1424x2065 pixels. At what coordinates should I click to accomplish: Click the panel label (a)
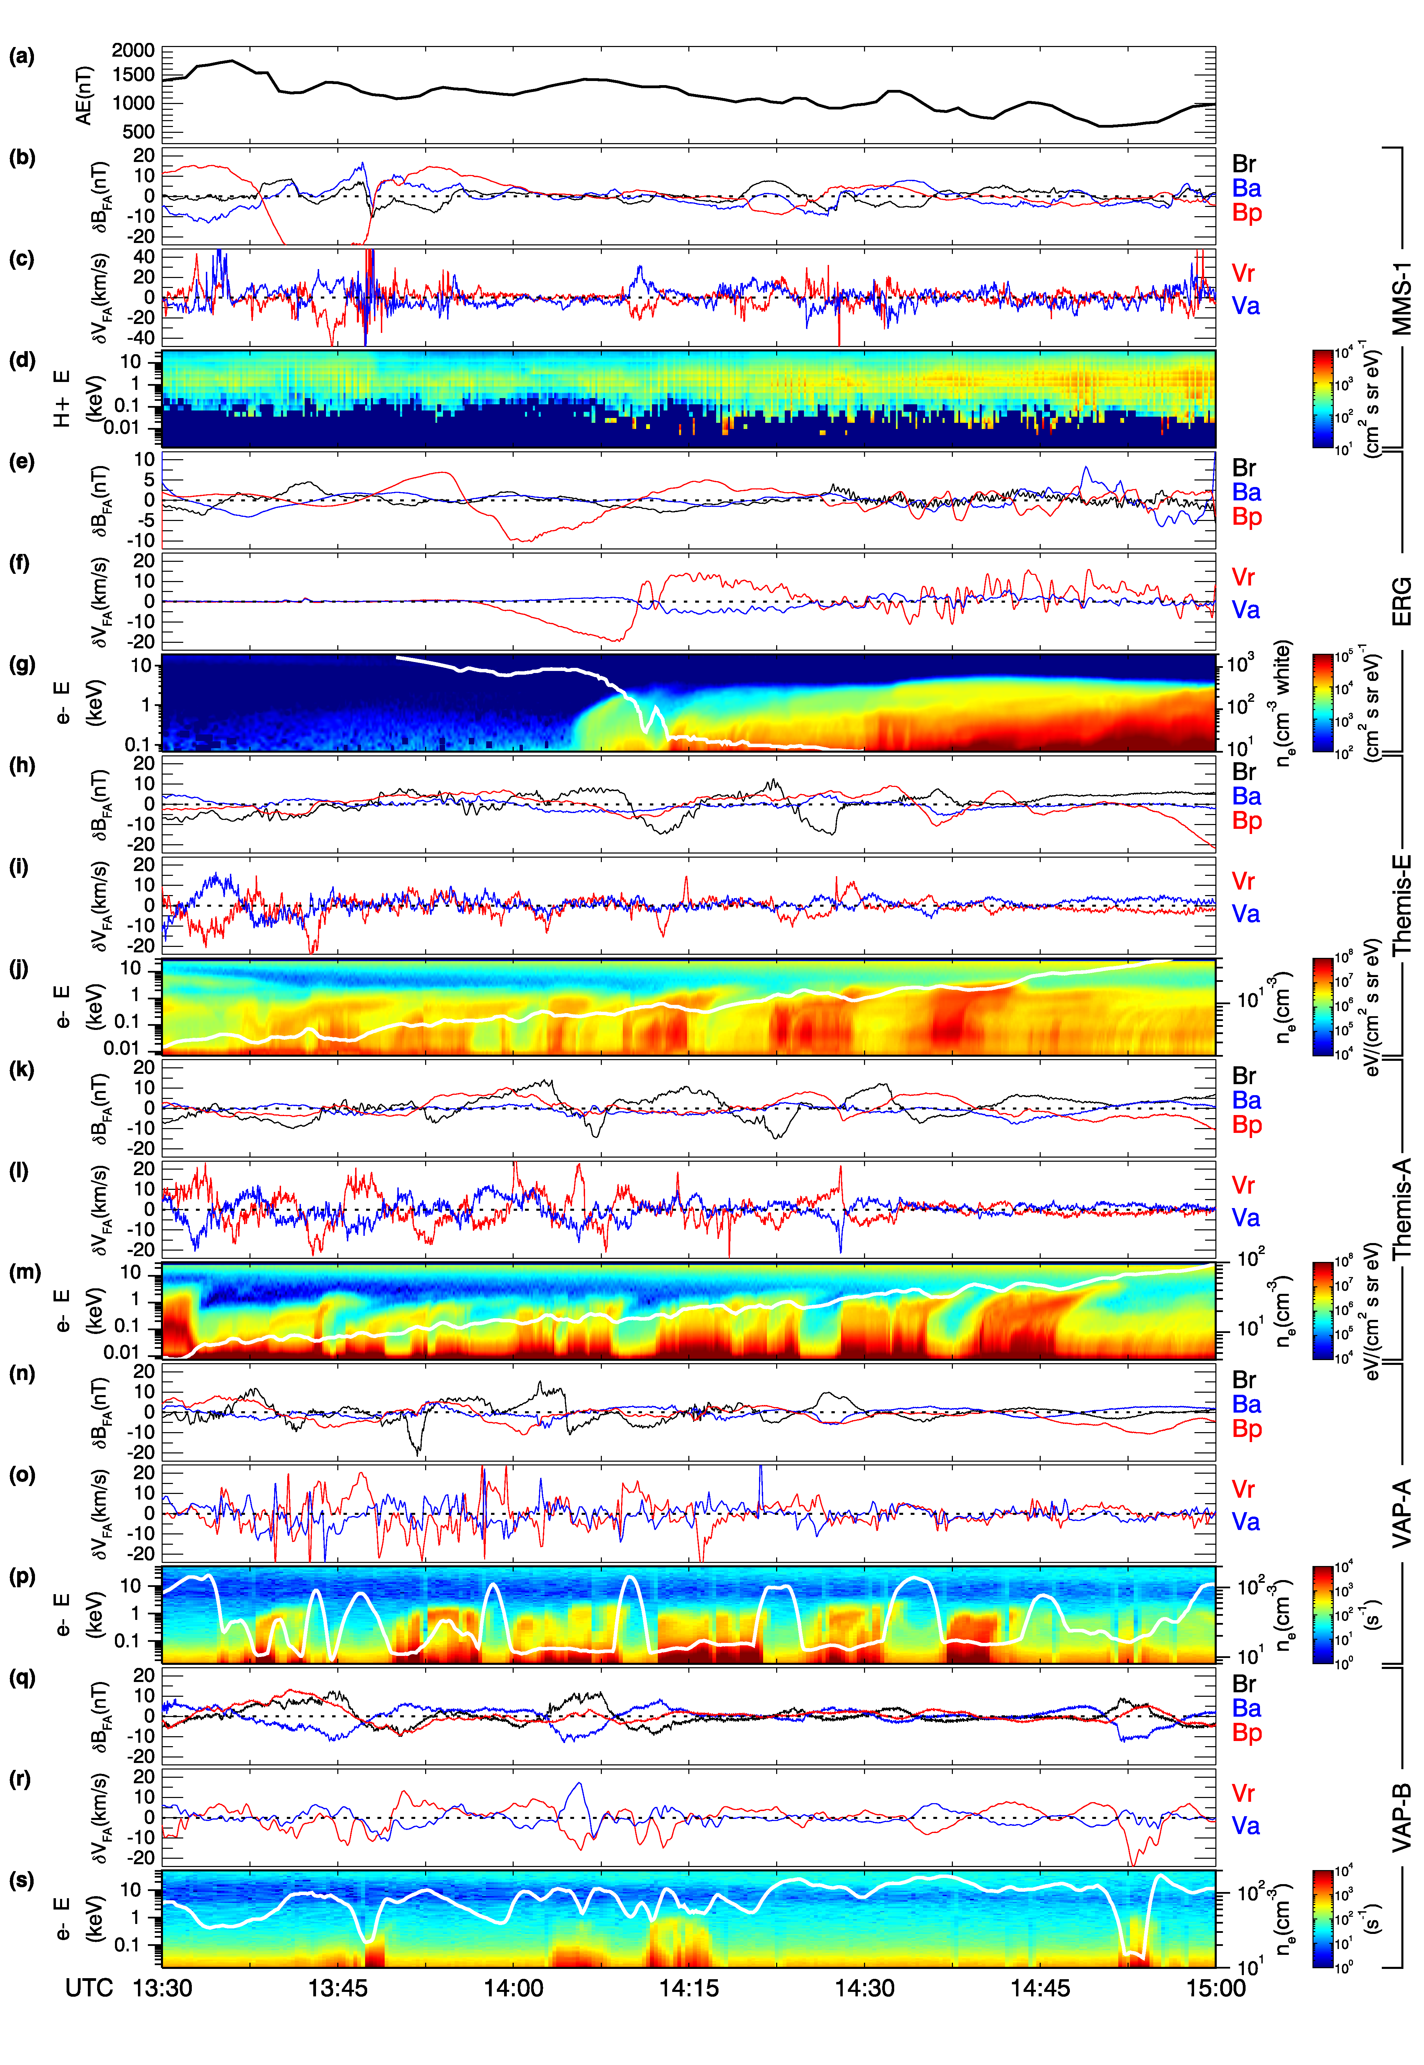pos(21,57)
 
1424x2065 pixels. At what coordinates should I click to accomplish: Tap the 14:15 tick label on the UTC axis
pos(689,1988)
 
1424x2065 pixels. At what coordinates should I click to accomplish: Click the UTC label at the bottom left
pos(89,1988)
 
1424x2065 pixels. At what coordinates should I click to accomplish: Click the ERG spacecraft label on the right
pos(1403,601)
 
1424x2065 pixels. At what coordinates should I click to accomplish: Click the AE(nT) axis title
pos(84,95)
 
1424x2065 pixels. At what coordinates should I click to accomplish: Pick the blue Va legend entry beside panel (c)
pos(1246,306)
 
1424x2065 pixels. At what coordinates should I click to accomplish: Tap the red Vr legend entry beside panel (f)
pos(1243,577)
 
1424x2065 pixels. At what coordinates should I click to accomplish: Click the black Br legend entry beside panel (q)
pos(1244,1684)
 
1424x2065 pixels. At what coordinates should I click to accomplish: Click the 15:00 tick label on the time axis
pos(1215,1988)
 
